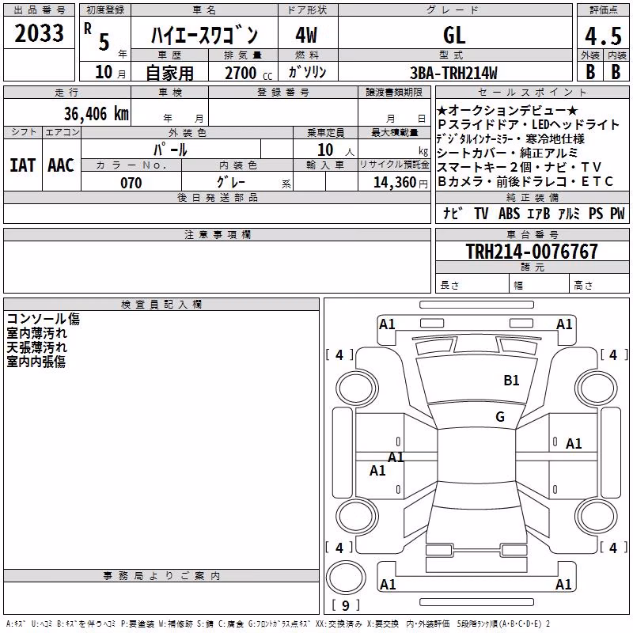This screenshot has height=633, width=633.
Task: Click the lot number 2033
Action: (39, 33)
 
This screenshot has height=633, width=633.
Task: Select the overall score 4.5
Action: (603, 36)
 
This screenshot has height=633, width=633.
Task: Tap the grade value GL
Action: (454, 36)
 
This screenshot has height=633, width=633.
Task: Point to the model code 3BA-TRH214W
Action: (453, 73)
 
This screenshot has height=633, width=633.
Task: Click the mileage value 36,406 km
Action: (96, 113)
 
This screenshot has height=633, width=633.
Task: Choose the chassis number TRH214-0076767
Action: (532, 251)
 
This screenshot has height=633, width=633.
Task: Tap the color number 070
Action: (131, 183)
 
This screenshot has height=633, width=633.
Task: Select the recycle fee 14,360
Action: (395, 183)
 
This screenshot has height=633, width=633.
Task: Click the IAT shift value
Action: (23, 165)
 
